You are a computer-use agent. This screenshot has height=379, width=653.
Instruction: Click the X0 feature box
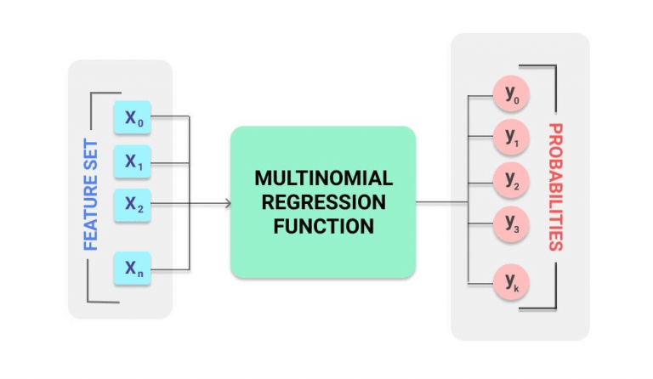tap(132, 119)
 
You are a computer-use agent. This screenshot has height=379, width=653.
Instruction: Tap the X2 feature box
tap(132, 204)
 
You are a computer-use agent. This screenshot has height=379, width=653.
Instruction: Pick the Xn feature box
tap(132, 269)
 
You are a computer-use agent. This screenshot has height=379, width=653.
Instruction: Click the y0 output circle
tap(512, 96)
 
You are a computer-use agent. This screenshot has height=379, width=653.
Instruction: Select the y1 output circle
tap(512, 137)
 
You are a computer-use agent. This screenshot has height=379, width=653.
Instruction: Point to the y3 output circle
tap(512, 224)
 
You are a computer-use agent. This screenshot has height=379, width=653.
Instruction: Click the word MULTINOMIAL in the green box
tap(323, 179)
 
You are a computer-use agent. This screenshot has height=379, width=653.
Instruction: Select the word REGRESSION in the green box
tap(323, 203)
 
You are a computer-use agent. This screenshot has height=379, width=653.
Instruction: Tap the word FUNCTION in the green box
tap(323, 227)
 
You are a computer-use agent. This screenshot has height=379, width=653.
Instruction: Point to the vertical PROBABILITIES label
tap(554, 187)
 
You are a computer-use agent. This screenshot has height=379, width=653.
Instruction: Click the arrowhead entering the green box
tap(227, 203)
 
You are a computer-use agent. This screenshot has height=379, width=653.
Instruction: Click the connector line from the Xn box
tap(170, 269)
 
